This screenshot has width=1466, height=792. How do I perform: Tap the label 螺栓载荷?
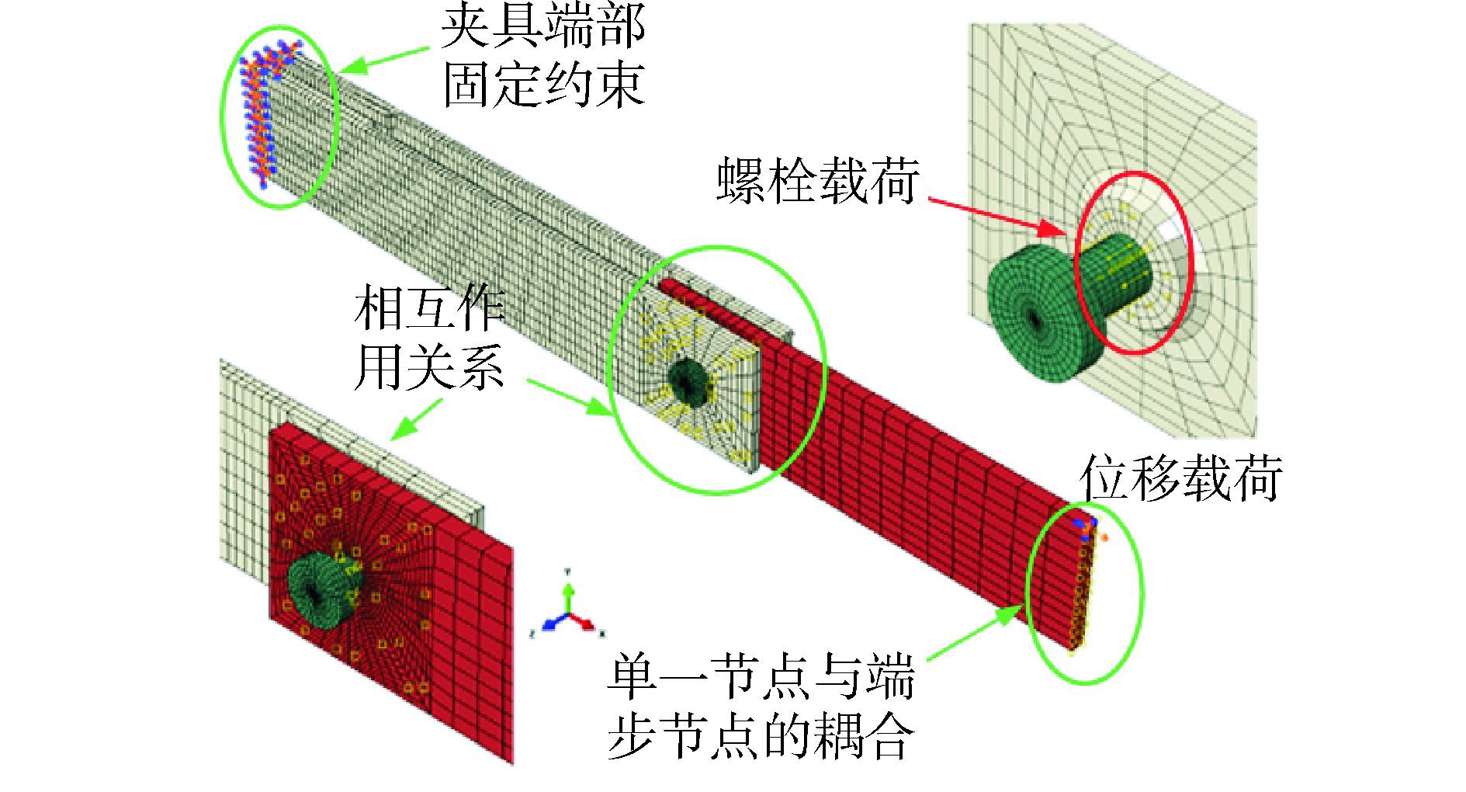pos(816,181)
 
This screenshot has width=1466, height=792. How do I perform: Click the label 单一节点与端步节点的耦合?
pos(761,707)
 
